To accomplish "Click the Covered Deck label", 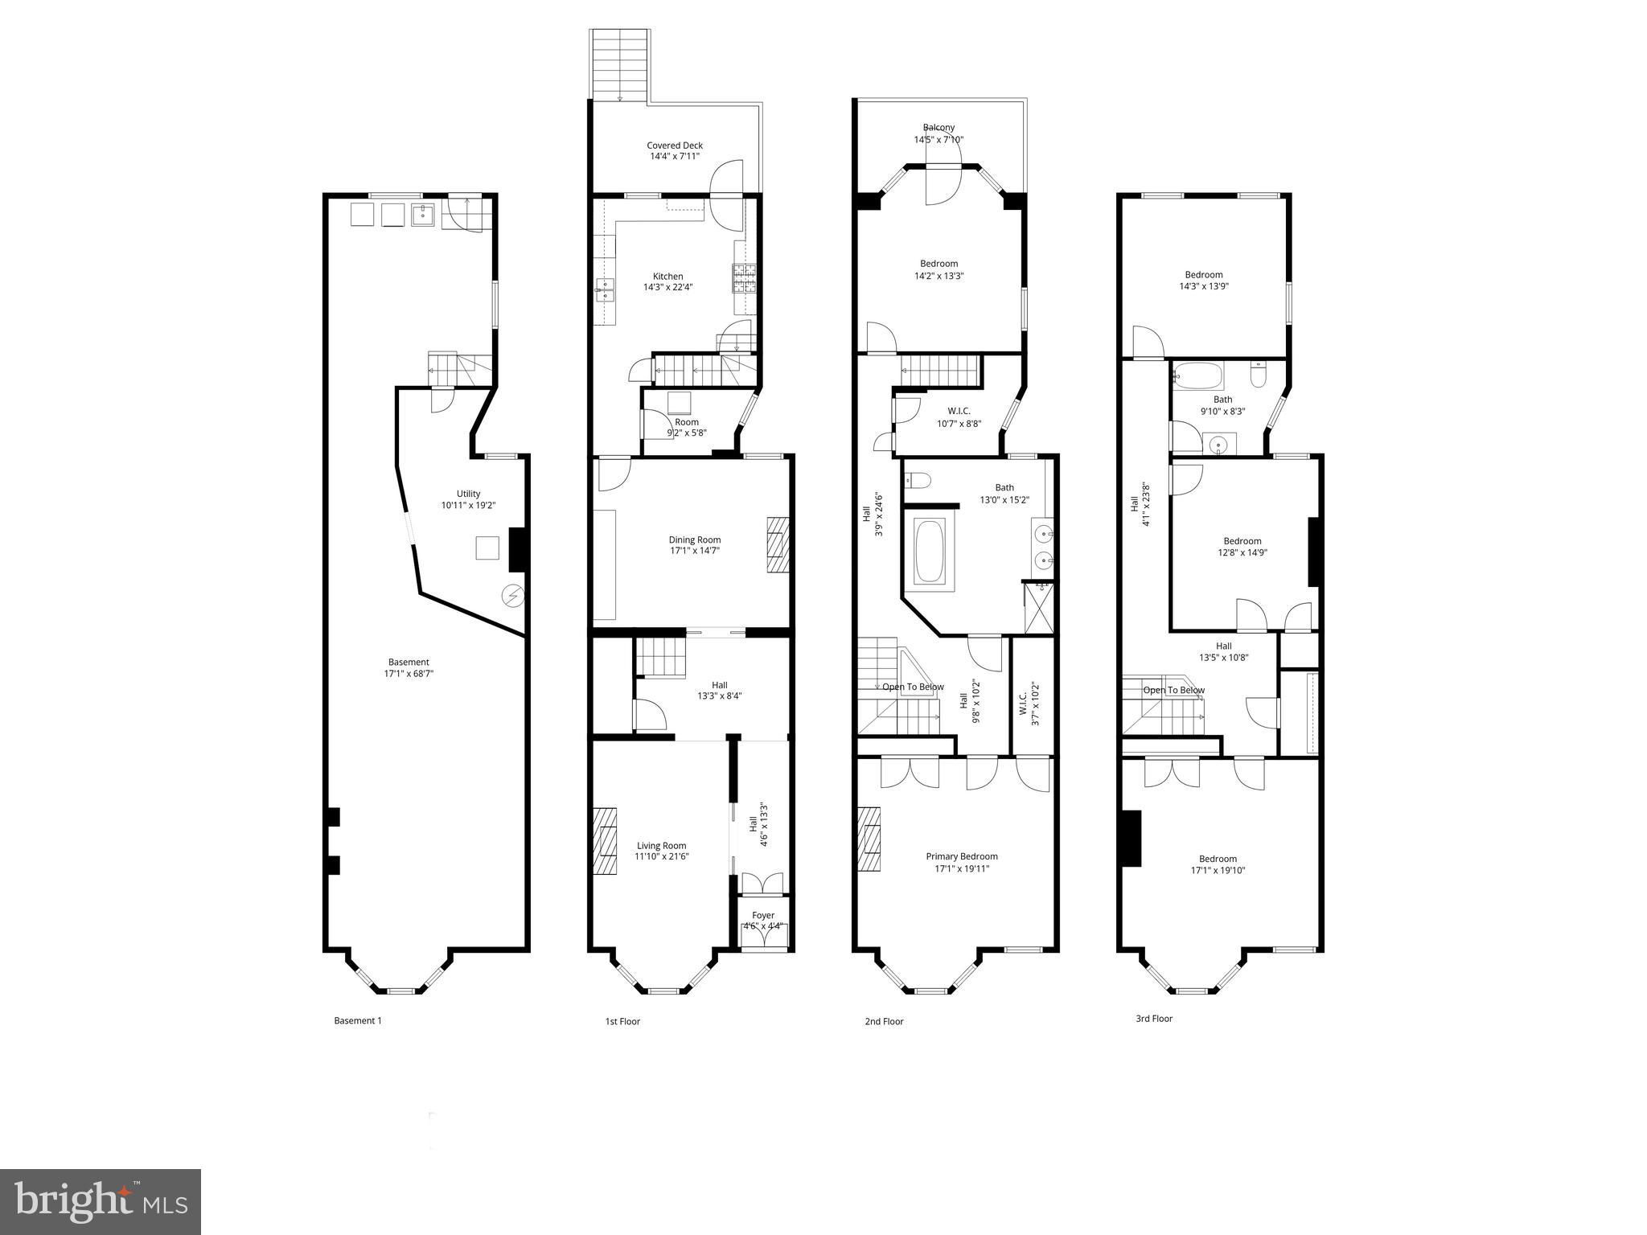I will (x=675, y=146).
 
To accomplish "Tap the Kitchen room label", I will (x=667, y=277).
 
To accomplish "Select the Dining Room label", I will (x=695, y=540).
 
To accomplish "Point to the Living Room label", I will (x=662, y=846).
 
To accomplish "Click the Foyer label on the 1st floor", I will (x=763, y=916).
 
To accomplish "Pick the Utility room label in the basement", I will (x=468, y=494).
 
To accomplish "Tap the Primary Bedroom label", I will (x=962, y=857).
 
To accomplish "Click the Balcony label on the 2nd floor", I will (x=939, y=128).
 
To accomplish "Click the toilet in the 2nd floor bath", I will (x=918, y=481).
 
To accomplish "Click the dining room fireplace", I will (x=778, y=544).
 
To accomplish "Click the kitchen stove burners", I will (x=745, y=278).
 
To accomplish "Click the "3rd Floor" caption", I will (x=1154, y=1019).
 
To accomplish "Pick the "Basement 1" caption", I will (x=358, y=1021).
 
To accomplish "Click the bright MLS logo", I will (x=101, y=1201).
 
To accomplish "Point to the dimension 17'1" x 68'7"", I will (x=409, y=674).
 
